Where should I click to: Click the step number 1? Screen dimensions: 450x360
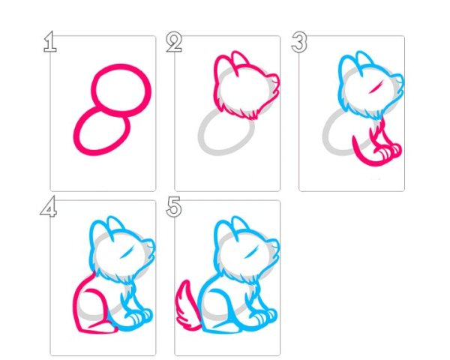50,42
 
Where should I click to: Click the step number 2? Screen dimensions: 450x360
174,42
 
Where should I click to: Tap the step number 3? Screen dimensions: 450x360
299,42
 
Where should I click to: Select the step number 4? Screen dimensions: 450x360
49,206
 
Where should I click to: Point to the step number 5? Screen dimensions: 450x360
174,207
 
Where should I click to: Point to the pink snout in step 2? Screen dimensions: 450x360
275,83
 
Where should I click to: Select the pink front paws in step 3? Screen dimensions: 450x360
388,151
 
